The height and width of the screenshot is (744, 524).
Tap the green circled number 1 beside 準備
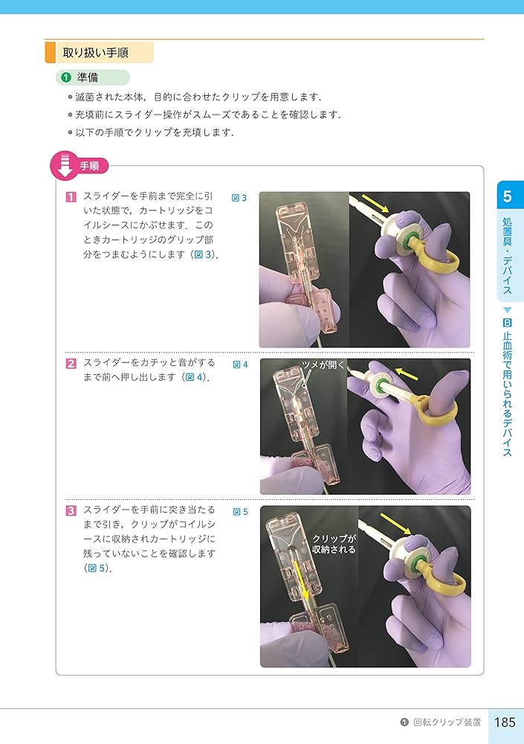[65, 77]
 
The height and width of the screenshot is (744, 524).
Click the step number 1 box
[71, 197]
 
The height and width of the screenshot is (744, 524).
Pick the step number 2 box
[71, 364]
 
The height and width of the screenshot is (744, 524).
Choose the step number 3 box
[71, 510]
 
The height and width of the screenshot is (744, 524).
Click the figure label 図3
[239, 198]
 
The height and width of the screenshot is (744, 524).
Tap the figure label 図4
[239, 365]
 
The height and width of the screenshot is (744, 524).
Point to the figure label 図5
[239, 512]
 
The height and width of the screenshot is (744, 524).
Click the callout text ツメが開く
[323, 365]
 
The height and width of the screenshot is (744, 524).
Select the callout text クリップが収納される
[334, 544]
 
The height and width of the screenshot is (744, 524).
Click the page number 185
[505, 722]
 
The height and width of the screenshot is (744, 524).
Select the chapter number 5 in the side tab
[507, 197]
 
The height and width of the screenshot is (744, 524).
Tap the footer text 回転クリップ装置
[446, 722]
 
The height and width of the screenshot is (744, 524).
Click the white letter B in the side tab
[507, 323]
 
